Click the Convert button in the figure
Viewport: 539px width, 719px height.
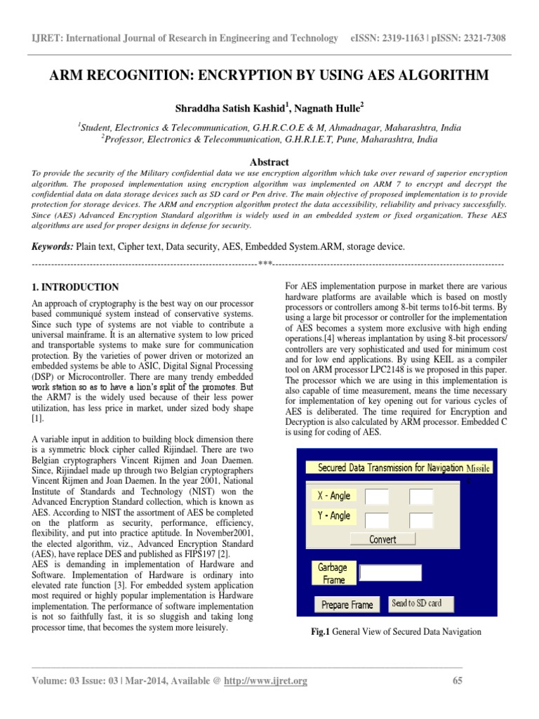pyautogui.click(x=382, y=539)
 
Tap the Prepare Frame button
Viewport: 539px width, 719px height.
pyautogui.click(x=347, y=604)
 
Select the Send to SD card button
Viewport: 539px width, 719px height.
pyautogui.click(x=417, y=603)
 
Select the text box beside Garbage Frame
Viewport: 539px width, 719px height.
pyautogui.click(x=390, y=573)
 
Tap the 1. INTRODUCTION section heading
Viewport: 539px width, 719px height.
pyautogui.click(x=76, y=287)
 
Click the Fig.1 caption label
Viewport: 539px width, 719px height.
pyautogui.click(x=320, y=632)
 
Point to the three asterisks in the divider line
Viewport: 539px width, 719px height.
pyautogui.click(x=265, y=264)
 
